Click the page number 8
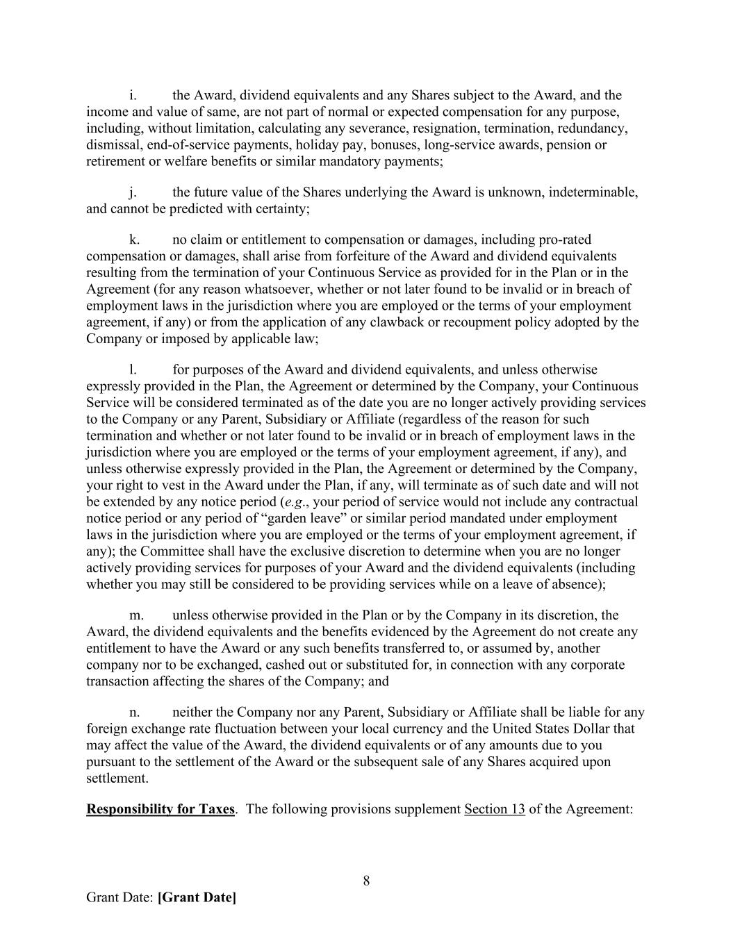click(x=366, y=881)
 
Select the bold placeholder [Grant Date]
click(x=197, y=897)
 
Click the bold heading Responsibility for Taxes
click(x=160, y=809)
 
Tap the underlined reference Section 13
click(x=494, y=809)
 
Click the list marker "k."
click(x=134, y=240)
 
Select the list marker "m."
click(x=136, y=615)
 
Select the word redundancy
click(x=595, y=128)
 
